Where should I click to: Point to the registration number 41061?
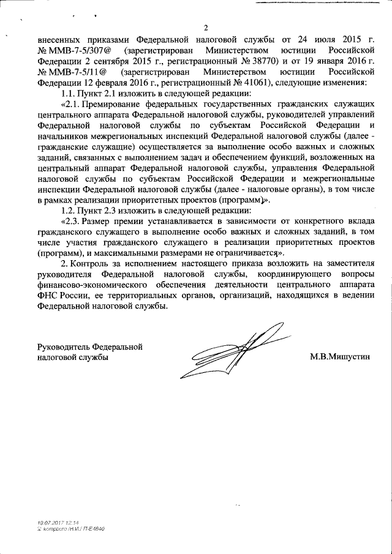[x=260, y=83]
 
